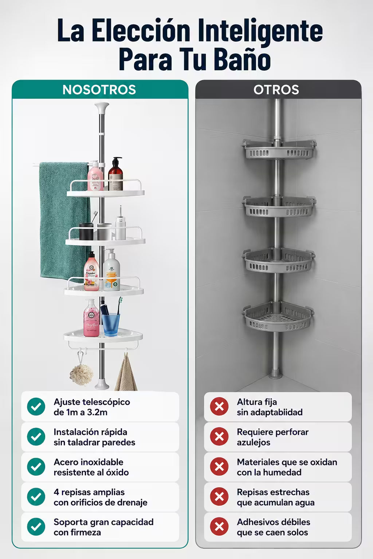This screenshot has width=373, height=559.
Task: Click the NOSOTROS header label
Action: click(x=99, y=90)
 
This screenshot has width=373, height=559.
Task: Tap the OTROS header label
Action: click(x=276, y=90)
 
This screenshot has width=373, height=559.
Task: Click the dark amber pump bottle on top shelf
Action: click(x=115, y=174)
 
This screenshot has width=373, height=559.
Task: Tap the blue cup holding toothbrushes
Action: click(x=111, y=324)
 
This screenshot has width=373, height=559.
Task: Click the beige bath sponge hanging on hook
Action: click(x=81, y=374)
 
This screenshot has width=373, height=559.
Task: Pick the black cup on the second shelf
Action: click(x=86, y=232)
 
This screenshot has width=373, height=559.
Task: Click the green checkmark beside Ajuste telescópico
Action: click(x=36, y=407)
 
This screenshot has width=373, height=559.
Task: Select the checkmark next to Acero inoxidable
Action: click(x=36, y=467)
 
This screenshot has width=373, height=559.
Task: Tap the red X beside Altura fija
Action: click(x=219, y=407)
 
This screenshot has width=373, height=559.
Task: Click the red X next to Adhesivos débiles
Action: click(x=219, y=527)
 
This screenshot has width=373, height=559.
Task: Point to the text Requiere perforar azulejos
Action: click(x=273, y=437)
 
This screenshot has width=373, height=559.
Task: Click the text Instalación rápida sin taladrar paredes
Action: click(x=94, y=437)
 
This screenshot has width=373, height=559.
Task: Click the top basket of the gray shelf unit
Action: click(x=279, y=149)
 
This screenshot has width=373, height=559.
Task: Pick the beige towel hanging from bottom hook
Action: click(x=126, y=373)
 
